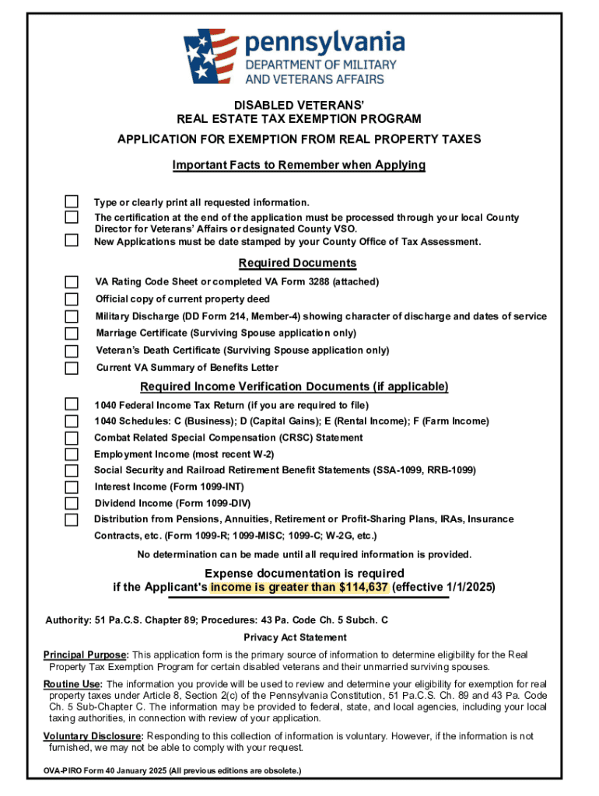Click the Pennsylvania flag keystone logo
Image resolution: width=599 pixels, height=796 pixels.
click(211, 56)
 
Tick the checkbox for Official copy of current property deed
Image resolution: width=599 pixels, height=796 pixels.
click(72, 299)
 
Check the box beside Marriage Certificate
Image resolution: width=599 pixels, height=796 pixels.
click(72, 333)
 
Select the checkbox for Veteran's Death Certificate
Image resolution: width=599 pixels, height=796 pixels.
click(72, 351)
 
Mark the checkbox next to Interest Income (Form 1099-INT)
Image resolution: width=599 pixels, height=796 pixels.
click(72, 487)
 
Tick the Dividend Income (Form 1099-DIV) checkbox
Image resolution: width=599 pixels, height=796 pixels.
click(72, 503)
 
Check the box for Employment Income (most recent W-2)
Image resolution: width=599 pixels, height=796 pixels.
click(72, 454)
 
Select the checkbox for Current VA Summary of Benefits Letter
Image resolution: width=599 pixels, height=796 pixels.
click(72, 368)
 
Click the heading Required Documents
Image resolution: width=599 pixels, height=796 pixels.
click(298, 263)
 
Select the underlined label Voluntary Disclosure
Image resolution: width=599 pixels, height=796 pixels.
click(93, 736)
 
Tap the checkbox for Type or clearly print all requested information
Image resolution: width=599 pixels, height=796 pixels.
click(72, 202)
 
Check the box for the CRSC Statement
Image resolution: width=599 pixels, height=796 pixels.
click(72, 438)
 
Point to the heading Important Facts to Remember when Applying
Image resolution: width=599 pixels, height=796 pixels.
click(298, 165)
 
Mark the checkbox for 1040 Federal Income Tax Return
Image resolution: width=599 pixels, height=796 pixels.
click(72, 404)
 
